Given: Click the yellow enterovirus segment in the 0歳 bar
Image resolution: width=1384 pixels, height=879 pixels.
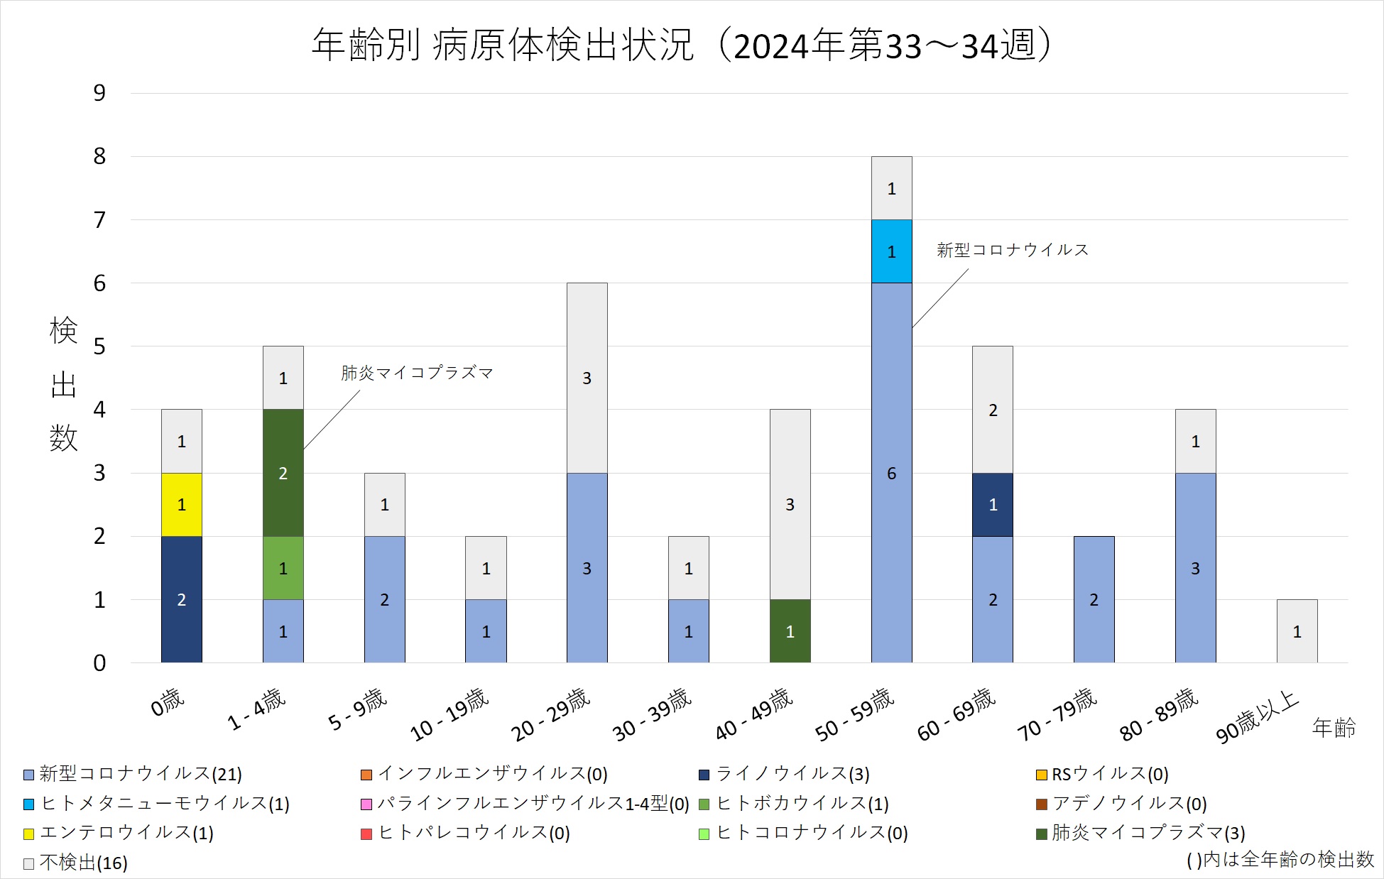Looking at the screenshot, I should pos(181,504).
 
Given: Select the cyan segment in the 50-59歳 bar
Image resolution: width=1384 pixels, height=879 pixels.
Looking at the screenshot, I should pos(891,251).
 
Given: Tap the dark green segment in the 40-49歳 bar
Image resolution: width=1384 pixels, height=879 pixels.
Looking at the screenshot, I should pos(790,631).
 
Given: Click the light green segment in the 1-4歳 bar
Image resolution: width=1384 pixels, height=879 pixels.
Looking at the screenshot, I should pos(283,568).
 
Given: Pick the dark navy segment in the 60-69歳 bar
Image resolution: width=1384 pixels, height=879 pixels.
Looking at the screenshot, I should pos(993,504).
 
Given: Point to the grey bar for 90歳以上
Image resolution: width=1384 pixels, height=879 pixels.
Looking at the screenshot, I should pos(1297,631).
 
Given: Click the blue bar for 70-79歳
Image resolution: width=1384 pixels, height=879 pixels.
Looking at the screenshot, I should pos(1094,599).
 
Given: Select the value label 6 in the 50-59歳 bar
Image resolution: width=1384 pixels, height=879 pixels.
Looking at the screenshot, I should pos(891,474).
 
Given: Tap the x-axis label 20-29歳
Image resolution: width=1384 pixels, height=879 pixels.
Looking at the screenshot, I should pos(551,714).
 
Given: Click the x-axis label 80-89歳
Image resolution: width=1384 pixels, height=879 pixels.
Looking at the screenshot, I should pos(1159,714).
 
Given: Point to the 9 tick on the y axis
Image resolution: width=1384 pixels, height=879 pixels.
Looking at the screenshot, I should pos(99,93).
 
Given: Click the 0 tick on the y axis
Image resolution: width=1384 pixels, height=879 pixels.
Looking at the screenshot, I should pos(99,663).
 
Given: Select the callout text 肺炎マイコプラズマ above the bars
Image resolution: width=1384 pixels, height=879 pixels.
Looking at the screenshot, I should pos(417,373).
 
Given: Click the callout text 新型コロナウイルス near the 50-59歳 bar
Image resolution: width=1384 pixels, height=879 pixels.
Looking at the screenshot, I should pos(1012,250).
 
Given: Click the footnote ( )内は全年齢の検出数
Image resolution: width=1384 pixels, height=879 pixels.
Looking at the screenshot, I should pos(1280,860).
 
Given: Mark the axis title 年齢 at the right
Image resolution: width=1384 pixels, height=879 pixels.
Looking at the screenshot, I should pos(1334,728).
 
